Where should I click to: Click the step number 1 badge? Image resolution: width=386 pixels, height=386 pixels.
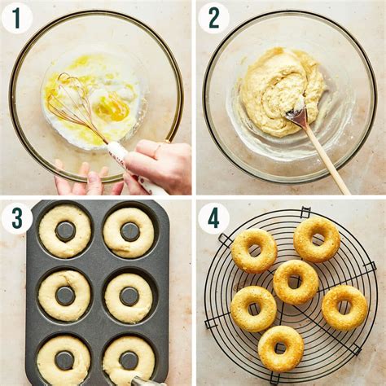click(17, 19)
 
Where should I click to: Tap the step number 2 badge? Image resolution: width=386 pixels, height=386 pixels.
click(214, 19)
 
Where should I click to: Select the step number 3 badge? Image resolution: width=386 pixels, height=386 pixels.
click(17, 219)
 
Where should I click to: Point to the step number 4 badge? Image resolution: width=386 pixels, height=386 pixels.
click(213, 219)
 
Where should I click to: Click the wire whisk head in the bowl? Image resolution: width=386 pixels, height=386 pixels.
click(73, 104)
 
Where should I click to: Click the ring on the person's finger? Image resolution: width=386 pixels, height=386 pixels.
click(158, 148)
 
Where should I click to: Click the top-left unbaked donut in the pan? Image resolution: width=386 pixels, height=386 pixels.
click(64, 231)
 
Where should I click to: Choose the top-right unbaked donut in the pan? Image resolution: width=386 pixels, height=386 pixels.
click(129, 232)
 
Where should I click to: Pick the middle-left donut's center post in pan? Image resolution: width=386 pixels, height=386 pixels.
click(65, 296)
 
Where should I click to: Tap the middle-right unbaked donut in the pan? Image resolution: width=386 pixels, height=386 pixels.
click(129, 297)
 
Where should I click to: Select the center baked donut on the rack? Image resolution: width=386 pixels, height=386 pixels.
click(296, 282)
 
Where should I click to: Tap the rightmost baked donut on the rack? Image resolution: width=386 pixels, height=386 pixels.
click(344, 308)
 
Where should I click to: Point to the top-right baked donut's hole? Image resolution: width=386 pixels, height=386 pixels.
click(317, 239)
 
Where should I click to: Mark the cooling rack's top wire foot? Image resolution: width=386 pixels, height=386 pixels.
click(305, 212)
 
